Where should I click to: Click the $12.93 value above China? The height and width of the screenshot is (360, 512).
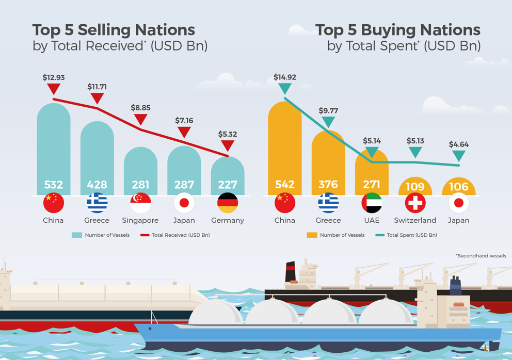[54, 77]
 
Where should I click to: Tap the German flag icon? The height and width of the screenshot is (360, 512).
[228, 203]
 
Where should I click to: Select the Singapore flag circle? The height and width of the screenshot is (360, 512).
[140, 203]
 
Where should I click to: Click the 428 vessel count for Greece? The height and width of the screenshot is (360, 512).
[97, 185]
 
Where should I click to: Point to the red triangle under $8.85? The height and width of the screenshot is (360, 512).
[140, 120]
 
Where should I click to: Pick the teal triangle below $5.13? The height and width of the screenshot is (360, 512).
[415, 152]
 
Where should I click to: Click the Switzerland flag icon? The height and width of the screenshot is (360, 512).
[415, 203]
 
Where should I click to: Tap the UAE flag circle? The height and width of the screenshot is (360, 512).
[372, 203]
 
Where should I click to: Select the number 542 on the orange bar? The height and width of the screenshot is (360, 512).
[285, 185]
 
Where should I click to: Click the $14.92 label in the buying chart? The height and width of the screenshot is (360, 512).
[285, 77]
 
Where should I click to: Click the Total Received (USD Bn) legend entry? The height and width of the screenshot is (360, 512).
[180, 235]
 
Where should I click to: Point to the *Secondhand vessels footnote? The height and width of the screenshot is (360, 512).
[481, 256]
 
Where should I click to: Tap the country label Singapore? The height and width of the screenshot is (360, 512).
[140, 220]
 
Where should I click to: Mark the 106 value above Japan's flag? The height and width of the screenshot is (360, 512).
[458, 187]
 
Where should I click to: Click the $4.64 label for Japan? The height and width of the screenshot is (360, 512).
[458, 144]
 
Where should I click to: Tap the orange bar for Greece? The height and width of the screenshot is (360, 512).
[328, 160]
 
